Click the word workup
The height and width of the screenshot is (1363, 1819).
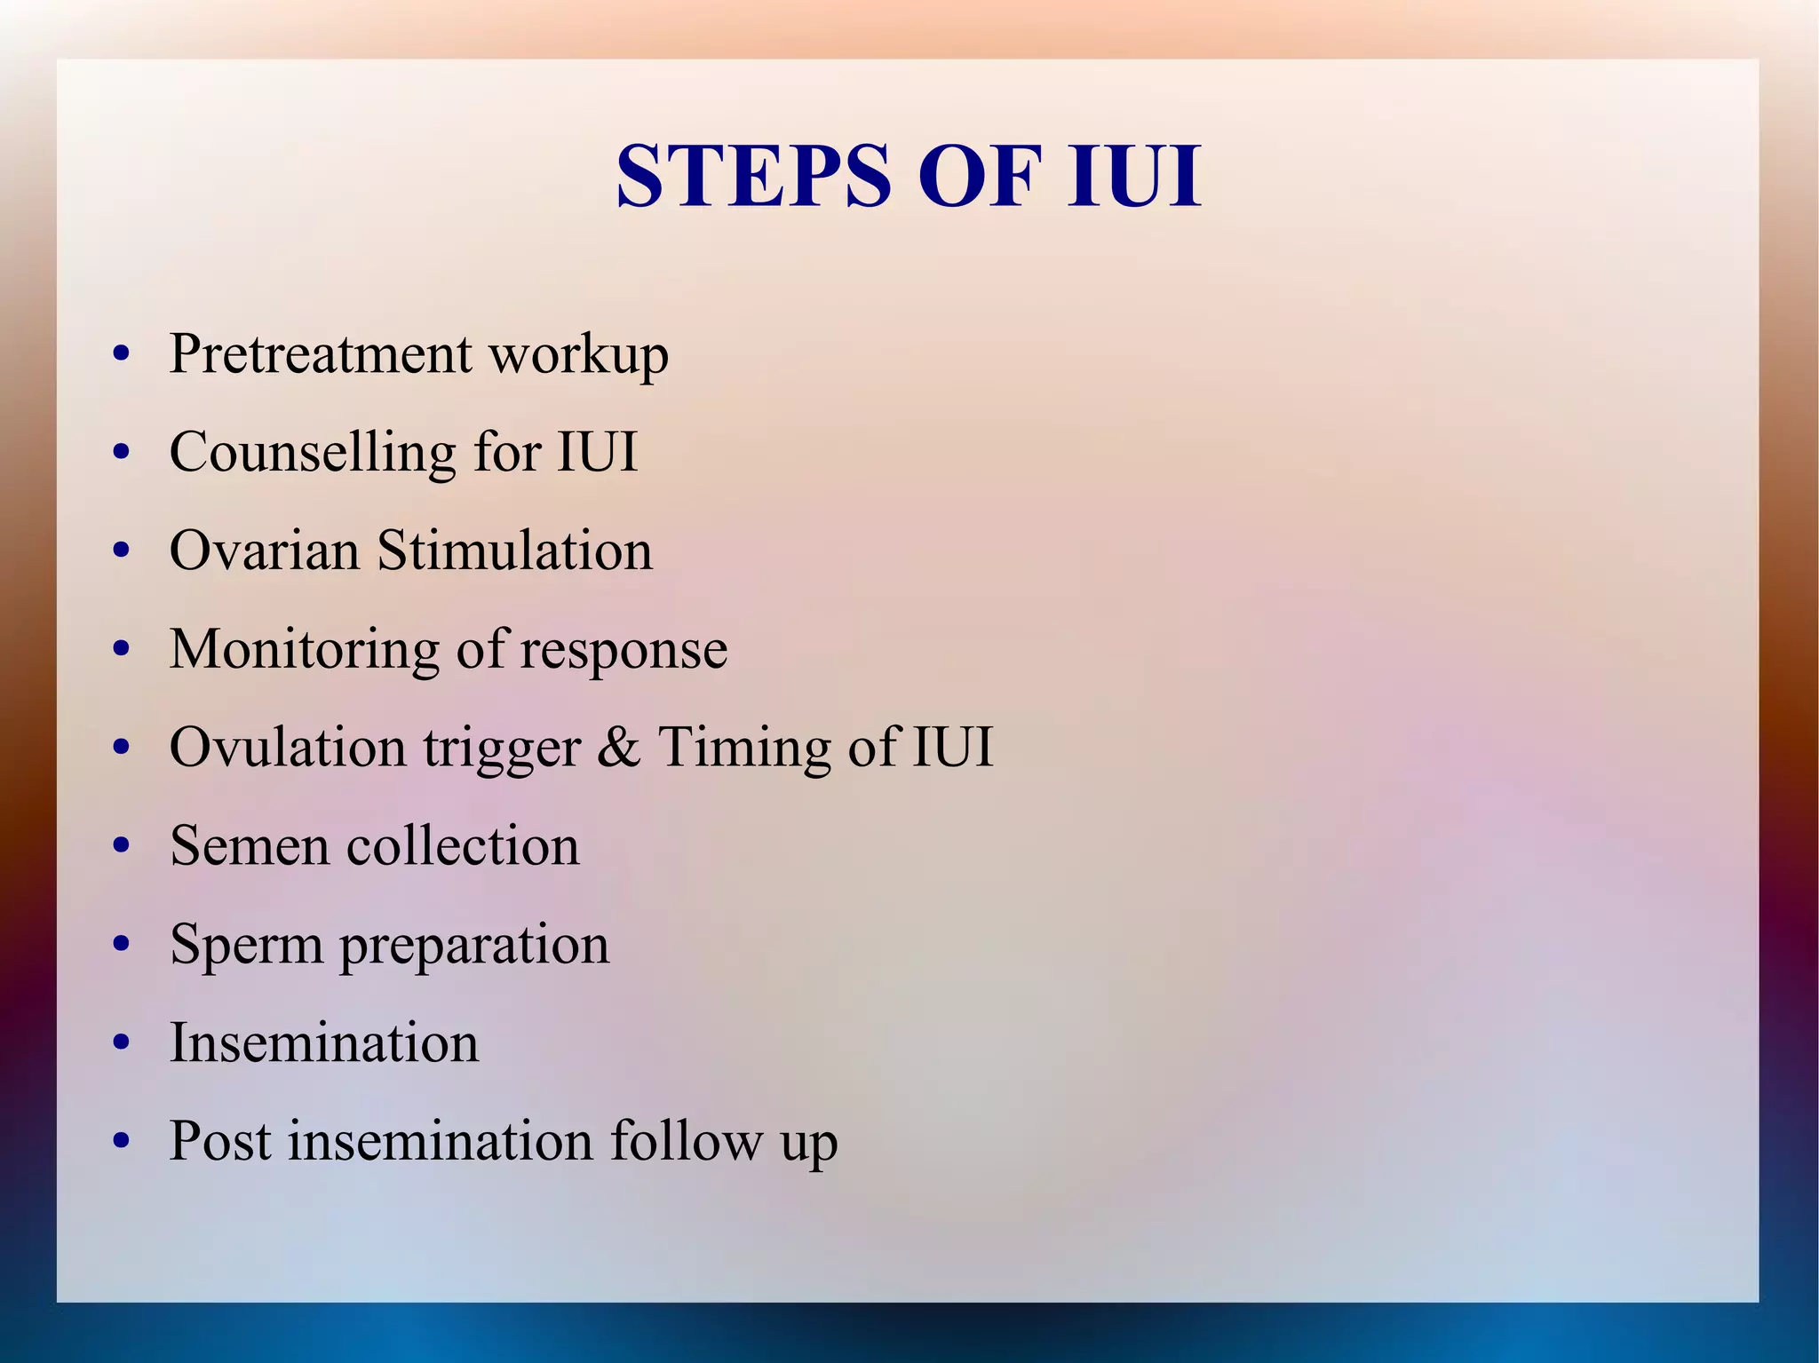[578, 355]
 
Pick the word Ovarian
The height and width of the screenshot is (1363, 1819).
[265, 551]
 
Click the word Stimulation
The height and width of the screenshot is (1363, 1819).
[515, 551]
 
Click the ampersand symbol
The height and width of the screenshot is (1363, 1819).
[619, 747]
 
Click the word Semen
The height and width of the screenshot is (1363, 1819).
[250, 845]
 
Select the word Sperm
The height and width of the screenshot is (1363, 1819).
[247, 945]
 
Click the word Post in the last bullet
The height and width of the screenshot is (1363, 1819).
[220, 1141]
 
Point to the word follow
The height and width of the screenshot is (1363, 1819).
[687, 1141]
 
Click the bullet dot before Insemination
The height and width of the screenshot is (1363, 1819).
[123, 1043]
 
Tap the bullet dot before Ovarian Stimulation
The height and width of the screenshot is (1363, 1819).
[123, 551]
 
